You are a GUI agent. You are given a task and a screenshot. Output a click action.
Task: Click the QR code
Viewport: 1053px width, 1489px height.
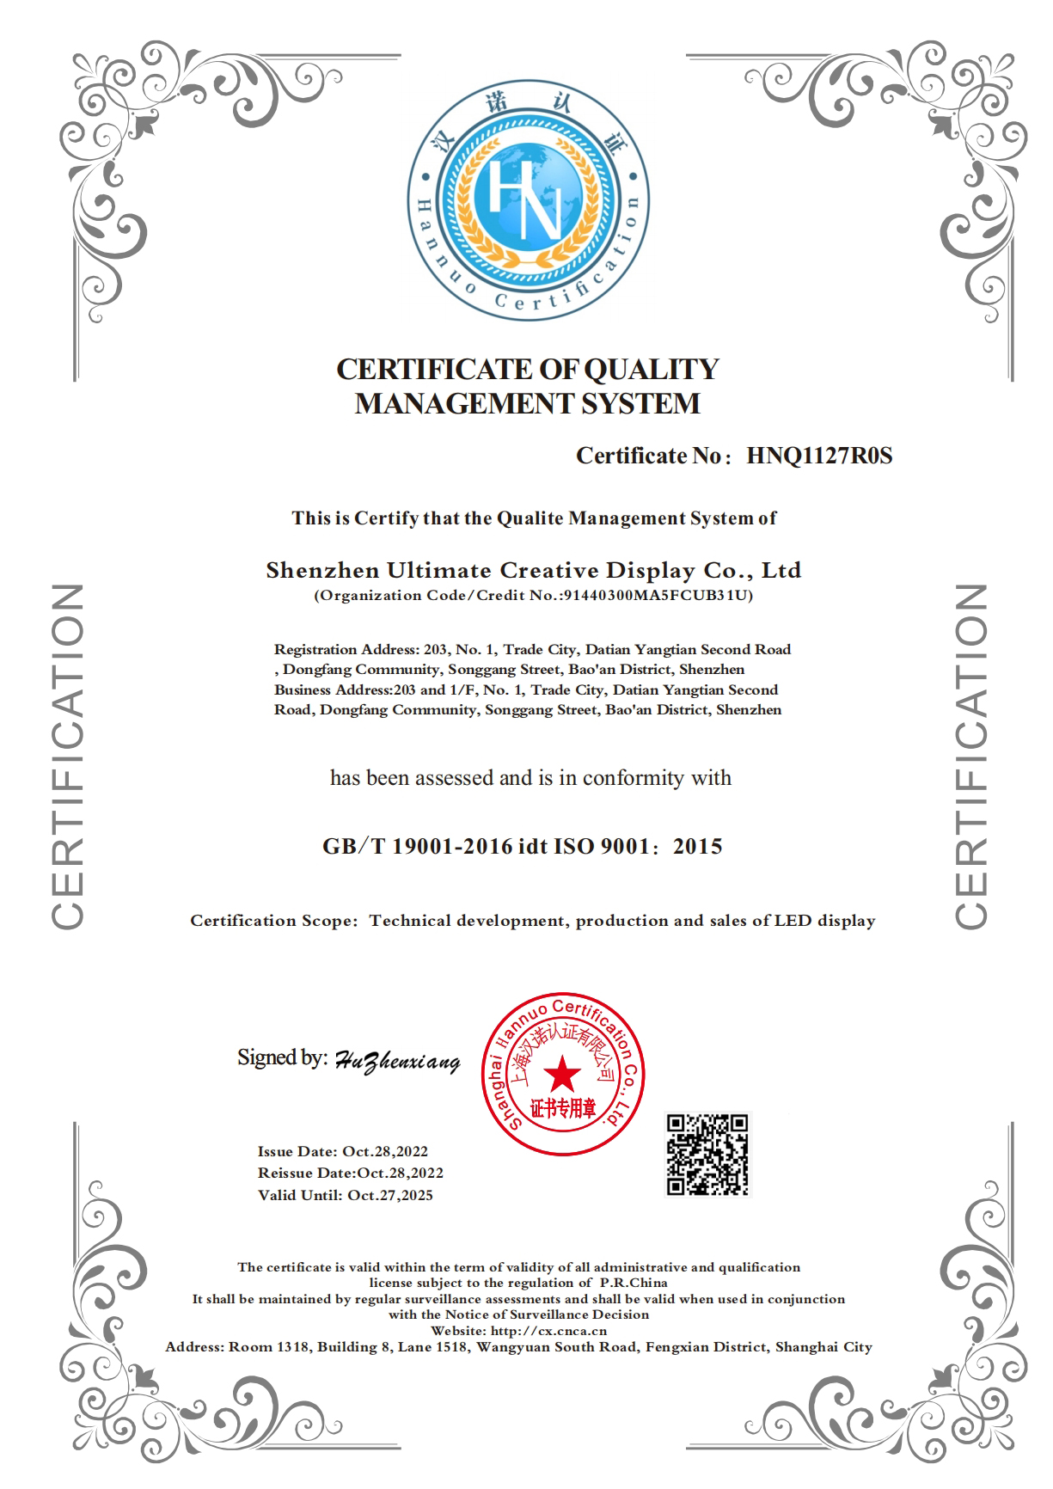click(707, 1155)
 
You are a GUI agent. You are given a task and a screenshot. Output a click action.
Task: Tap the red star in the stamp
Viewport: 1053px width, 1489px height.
click(563, 1074)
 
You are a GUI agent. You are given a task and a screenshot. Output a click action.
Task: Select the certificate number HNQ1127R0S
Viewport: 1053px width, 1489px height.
click(819, 456)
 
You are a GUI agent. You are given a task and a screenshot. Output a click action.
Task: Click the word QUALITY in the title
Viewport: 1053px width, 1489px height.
click(651, 370)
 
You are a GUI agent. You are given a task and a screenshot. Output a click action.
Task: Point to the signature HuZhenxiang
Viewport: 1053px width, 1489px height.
click(396, 1062)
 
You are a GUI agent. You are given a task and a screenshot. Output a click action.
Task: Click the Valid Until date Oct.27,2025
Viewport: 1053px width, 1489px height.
click(390, 1196)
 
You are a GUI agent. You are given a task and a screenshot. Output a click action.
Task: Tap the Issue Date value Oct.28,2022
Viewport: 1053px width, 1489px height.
click(385, 1152)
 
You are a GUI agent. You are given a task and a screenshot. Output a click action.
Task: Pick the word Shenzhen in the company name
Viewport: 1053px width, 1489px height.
click(322, 571)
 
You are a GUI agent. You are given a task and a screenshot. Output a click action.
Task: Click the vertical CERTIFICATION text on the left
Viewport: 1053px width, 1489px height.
click(67, 757)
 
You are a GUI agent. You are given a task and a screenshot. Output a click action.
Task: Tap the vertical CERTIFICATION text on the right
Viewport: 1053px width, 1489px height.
click(972, 757)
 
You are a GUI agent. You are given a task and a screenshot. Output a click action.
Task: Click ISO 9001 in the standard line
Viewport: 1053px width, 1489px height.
click(601, 847)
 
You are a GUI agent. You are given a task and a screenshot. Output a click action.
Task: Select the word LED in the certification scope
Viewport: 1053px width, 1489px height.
click(793, 921)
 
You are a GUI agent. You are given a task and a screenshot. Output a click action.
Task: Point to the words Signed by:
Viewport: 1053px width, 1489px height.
click(282, 1057)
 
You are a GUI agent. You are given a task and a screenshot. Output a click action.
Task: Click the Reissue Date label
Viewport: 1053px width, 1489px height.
click(306, 1173)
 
